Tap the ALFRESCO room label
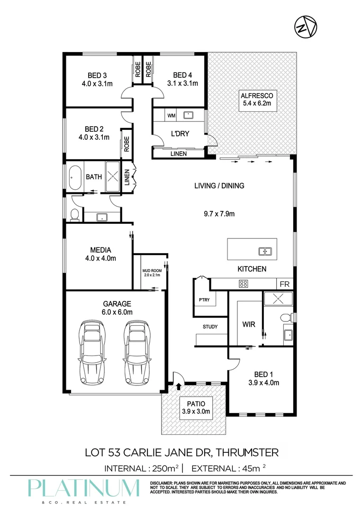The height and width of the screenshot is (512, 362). click(257, 96)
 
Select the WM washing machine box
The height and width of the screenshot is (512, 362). click(172, 116)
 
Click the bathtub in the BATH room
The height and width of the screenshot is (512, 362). click(75, 177)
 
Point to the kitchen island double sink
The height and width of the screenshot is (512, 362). click(265, 251)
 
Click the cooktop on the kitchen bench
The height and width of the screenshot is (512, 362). click(244, 283)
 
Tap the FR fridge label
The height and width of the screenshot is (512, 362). click(284, 284)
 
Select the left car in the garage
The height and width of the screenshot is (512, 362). click(92, 353)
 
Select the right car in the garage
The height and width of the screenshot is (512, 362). click(138, 353)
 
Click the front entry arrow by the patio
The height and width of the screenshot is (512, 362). click(178, 387)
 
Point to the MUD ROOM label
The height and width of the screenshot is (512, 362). click(152, 271)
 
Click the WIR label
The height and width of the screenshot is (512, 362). click(249, 325)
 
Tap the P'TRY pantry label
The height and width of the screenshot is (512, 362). click(204, 300)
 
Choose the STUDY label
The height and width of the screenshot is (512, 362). click(210, 327)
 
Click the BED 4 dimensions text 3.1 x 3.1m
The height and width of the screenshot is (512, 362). click(182, 83)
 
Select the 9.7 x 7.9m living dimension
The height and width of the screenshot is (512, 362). click(219, 214)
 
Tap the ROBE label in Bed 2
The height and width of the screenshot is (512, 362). click(127, 144)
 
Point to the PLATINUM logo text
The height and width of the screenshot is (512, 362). click(83, 488)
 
